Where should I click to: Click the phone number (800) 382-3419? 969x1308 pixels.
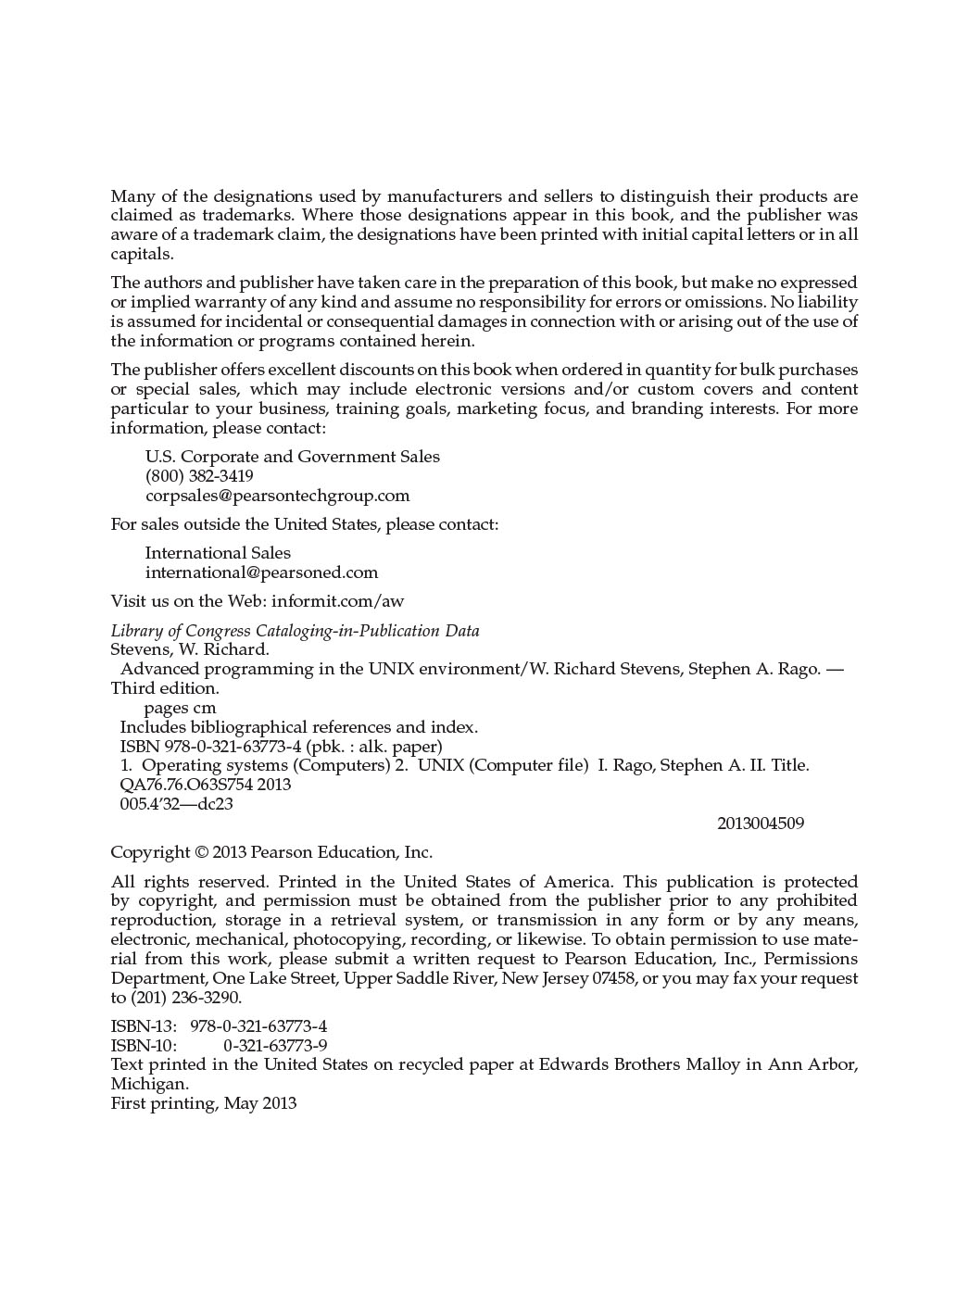199,476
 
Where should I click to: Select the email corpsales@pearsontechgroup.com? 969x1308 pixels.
277,496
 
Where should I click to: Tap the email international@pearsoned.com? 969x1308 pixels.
261,572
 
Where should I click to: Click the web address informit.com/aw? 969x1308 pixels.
337,601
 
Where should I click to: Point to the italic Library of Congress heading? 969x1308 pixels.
295,631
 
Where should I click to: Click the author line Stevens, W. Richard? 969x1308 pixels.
190,649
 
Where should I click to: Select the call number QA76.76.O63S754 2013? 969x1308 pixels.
206,785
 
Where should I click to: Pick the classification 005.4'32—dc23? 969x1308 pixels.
176,804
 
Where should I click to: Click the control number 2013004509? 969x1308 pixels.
761,824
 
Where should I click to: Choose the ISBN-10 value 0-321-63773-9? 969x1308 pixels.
275,1046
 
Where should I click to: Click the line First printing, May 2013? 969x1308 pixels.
204,1103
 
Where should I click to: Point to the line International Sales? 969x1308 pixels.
218,553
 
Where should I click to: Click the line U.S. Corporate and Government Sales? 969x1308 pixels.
293,457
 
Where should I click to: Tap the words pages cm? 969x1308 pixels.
180,708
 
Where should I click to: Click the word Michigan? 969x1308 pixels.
149,1084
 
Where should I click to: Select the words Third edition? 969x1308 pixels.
165,688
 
